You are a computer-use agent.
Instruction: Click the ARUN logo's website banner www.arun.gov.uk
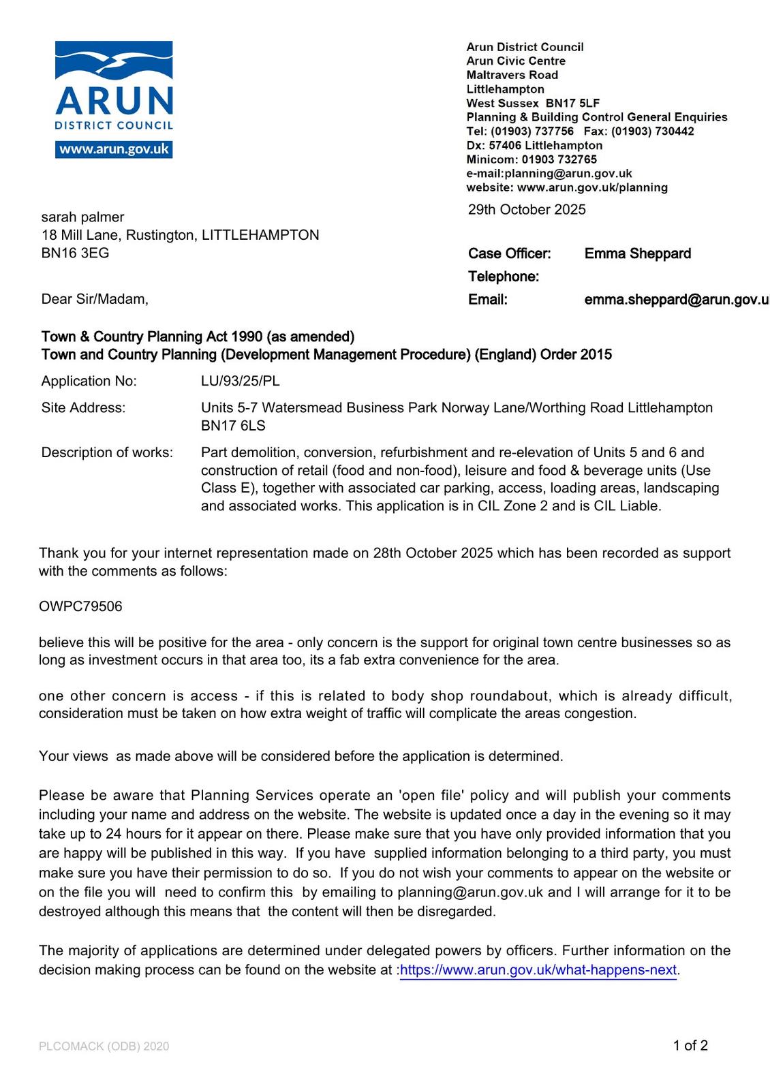coord(114,149)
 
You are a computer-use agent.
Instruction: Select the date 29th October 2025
coord(527,210)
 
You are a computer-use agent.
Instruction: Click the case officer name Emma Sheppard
coord(637,254)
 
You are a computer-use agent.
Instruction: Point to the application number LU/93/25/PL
coord(240,381)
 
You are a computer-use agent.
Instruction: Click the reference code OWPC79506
coord(80,606)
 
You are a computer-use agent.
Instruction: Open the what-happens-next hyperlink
coord(538,970)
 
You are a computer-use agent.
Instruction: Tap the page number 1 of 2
coord(690,1046)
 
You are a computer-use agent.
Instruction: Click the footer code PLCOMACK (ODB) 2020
coord(104,1046)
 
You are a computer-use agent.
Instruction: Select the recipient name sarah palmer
coord(82,217)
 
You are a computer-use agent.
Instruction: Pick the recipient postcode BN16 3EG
coord(75,253)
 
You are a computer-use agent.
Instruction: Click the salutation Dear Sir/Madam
coord(94,299)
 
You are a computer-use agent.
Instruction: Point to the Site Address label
coord(83,408)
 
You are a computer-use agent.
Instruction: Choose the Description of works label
coord(107,452)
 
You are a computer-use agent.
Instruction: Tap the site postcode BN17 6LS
coord(233,426)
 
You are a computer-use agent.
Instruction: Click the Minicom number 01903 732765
coord(559,159)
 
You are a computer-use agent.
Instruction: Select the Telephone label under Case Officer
coord(503,277)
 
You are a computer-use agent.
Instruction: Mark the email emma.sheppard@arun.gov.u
coord(676,300)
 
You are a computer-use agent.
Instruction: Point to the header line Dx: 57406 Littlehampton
coord(534,145)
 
